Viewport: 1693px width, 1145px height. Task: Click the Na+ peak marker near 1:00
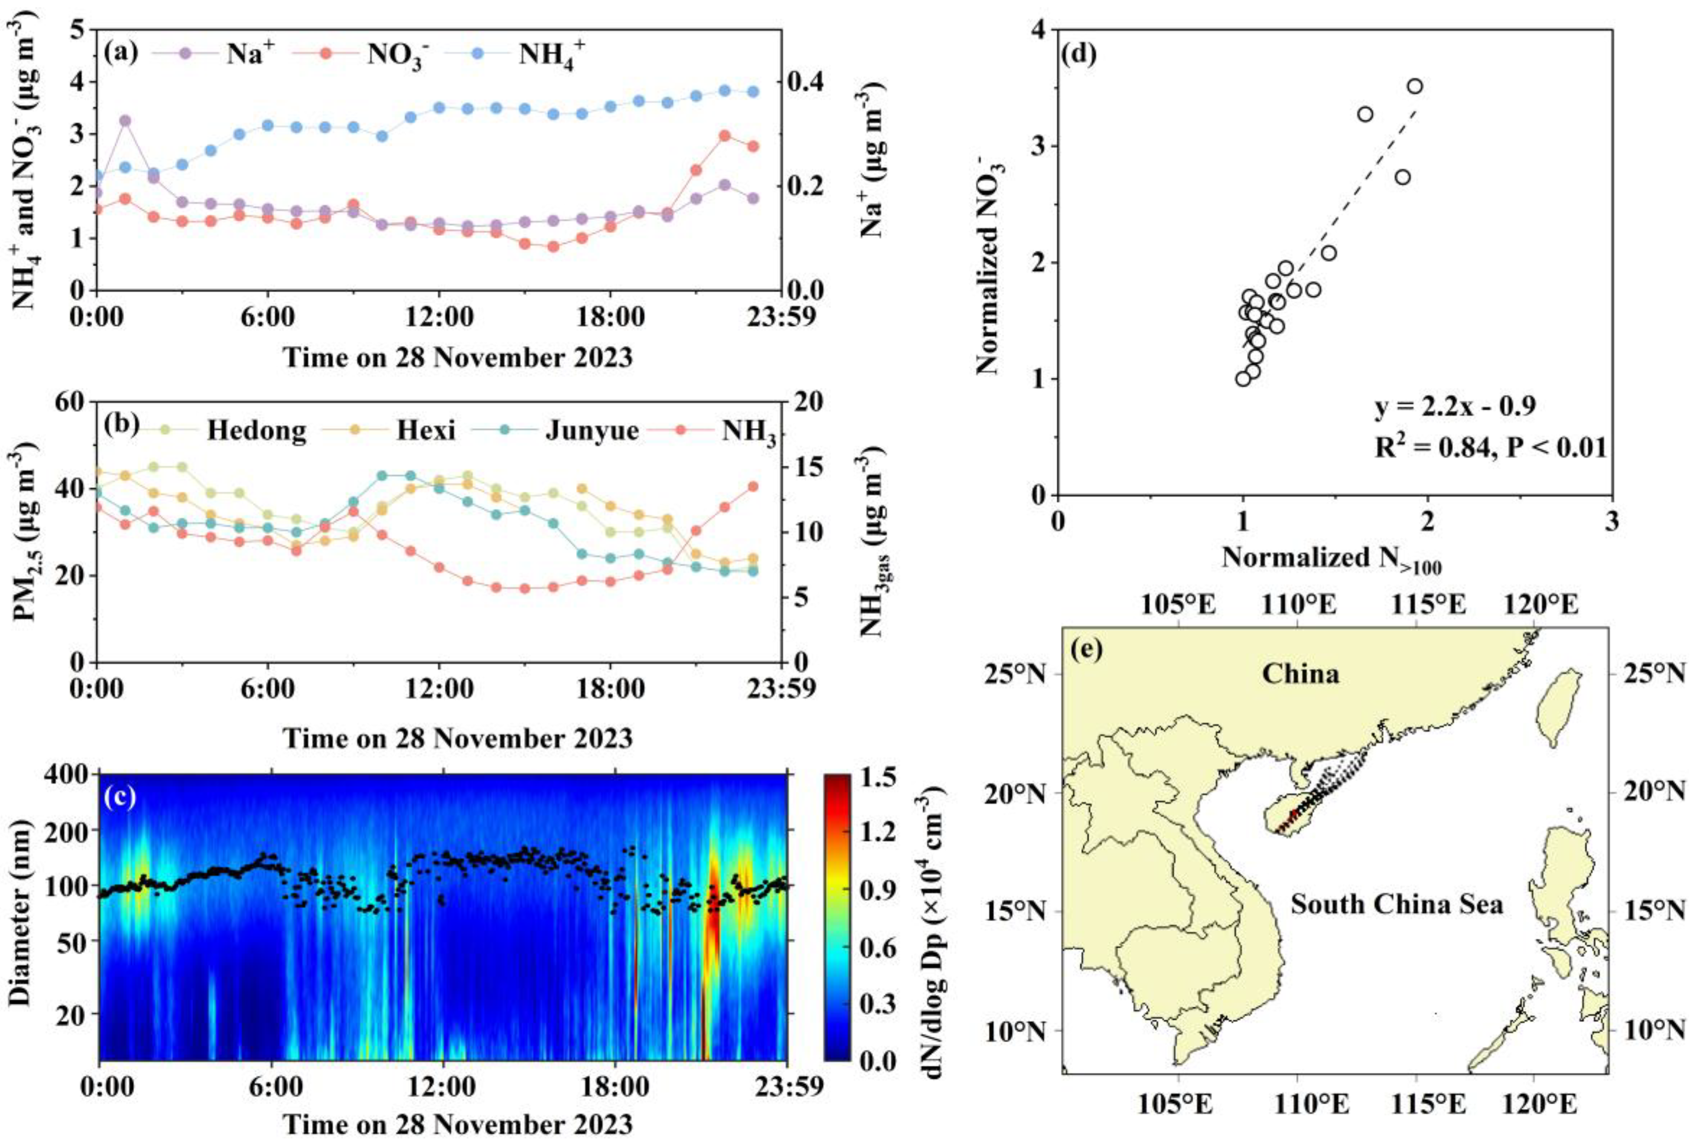coord(125,120)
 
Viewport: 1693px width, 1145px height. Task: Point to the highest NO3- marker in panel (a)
coord(725,135)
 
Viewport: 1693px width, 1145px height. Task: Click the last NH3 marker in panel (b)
coord(753,487)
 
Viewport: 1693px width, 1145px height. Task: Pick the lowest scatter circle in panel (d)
coord(1243,379)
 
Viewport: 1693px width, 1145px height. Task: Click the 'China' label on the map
coord(1300,673)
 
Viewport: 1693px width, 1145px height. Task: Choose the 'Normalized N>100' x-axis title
coord(1331,558)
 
